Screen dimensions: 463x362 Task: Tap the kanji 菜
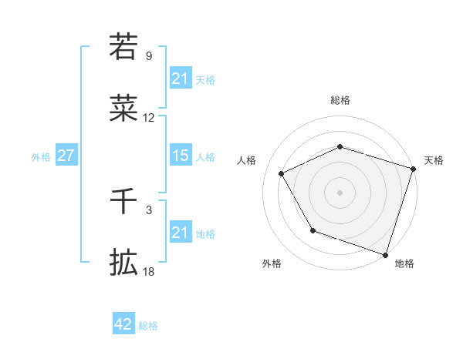123,107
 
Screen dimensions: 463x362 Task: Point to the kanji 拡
123,263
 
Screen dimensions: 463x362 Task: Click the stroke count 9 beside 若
149,56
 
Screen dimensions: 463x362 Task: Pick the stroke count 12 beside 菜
149,118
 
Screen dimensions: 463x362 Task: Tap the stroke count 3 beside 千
149,210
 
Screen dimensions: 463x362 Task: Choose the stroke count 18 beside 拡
149,272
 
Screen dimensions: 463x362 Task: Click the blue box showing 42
123,325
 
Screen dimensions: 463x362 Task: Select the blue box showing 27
66,156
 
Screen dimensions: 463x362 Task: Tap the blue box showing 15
180,156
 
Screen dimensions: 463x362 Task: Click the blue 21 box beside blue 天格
180,79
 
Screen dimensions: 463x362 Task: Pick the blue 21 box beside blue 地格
180,233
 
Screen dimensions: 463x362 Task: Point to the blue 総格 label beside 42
148,326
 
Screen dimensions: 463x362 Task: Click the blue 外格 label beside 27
41,157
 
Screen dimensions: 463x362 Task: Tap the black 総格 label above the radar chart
340,100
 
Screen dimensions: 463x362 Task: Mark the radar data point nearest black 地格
385,253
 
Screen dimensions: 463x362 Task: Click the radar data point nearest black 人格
282,174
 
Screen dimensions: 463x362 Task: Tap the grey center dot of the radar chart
340,192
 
